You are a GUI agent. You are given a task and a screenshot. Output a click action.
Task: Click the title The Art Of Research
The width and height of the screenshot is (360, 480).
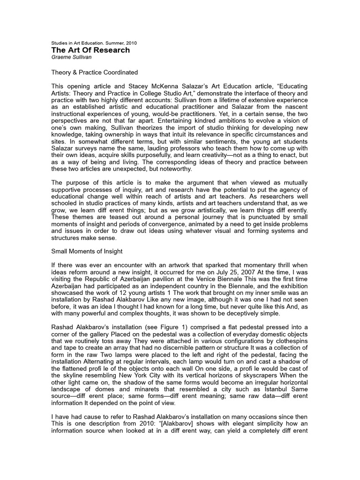pyautogui.click(x=90, y=50)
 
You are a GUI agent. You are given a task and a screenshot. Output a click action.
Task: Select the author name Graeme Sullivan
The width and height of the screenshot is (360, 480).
pyautogui.click(x=72, y=57)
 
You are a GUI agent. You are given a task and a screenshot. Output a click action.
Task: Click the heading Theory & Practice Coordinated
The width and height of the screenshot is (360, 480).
pyautogui.click(x=94, y=73)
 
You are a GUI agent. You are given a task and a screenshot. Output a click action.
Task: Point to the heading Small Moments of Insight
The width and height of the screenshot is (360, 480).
pyautogui.click(x=86, y=251)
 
